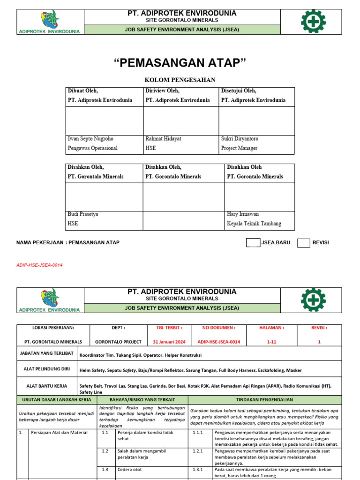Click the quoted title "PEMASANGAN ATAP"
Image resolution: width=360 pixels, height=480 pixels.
coord(180,63)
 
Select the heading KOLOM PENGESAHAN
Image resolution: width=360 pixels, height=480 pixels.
coord(180,80)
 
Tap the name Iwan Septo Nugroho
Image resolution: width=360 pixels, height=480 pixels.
coord(90,139)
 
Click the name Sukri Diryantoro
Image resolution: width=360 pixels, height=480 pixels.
coord(240,139)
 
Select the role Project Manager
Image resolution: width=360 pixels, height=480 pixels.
coord(239,148)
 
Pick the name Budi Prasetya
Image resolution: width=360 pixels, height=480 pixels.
coord(83,214)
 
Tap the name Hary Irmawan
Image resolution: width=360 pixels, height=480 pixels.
coord(243,214)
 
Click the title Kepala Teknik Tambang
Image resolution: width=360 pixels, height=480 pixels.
coord(254,224)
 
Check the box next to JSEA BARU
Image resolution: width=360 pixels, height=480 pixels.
coord(253,243)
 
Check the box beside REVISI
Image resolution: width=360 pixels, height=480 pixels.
coord(304,243)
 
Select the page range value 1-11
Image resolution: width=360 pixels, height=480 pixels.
coord(272,342)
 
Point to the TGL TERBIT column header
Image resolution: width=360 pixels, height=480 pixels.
coord(165,328)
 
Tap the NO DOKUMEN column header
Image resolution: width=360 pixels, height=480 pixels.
coord(218,328)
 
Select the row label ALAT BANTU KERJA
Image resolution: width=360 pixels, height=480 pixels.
coord(47,386)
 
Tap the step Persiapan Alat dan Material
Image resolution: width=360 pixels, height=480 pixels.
coord(59,433)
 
